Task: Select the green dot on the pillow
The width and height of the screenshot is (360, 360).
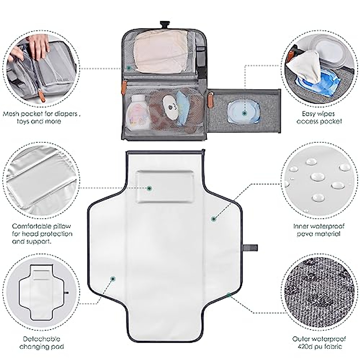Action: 149,188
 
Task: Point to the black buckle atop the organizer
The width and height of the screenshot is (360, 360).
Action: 163,24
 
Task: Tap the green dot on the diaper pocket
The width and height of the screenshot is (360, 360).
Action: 129,68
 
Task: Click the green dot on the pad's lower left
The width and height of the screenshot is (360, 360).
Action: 113,279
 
